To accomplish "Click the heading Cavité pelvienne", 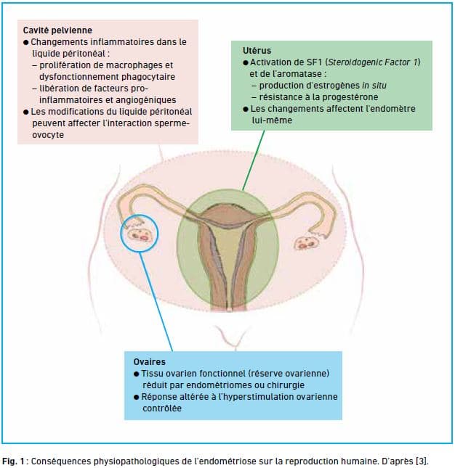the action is pyautogui.click(x=57, y=30).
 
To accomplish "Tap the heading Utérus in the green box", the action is pyautogui.click(x=257, y=51).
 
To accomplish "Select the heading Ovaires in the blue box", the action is pyautogui.click(x=149, y=362).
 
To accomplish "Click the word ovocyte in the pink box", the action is pyautogui.click(x=48, y=135).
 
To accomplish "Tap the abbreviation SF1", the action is pyautogui.click(x=314, y=62).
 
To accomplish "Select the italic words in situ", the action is pyautogui.click(x=374, y=86).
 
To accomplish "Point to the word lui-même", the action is pyautogui.click(x=272, y=120).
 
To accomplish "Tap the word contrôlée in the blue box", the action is pyautogui.click(x=162, y=409).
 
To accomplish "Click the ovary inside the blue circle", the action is pyautogui.click(x=140, y=234).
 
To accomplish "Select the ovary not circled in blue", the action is pyautogui.click(x=307, y=242).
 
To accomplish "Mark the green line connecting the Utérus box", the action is pyautogui.click(x=254, y=160).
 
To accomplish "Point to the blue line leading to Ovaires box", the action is pyautogui.click(x=156, y=301).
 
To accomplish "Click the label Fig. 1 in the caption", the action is pyautogui.click(x=13, y=461).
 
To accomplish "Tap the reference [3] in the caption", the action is pyautogui.click(x=422, y=461).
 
